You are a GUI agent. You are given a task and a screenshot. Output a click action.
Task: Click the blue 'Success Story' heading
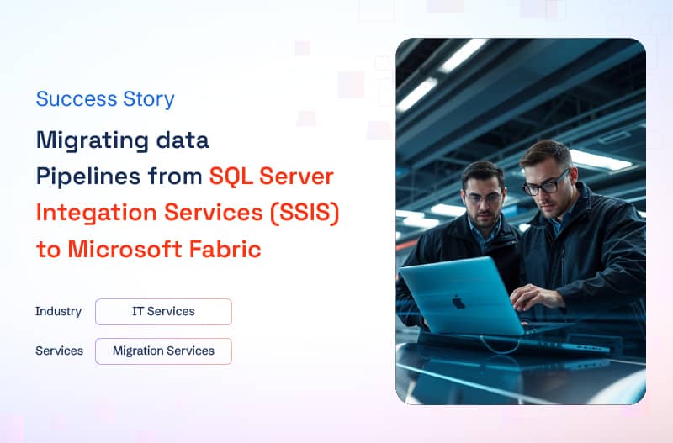point(105,99)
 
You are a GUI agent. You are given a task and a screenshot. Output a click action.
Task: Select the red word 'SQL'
point(231,177)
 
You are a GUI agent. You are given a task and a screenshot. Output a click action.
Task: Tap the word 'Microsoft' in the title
point(125,249)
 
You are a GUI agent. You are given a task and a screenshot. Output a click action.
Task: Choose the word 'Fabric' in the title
point(225,249)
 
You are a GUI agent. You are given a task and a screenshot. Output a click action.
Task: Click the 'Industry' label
point(58,311)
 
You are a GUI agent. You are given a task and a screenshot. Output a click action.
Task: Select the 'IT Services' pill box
point(163,312)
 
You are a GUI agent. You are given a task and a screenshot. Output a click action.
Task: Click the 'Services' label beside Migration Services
point(59,351)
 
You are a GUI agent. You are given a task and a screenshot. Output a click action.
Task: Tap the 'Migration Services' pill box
point(163,351)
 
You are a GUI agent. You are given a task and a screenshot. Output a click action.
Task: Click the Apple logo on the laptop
point(458,302)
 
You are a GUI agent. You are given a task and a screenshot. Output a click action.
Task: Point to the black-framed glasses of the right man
point(545,184)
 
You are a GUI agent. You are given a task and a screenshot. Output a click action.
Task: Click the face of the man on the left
point(484,202)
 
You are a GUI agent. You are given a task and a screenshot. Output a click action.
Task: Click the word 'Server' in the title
point(297,177)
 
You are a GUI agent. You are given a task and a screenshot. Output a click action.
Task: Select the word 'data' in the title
point(183,140)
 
